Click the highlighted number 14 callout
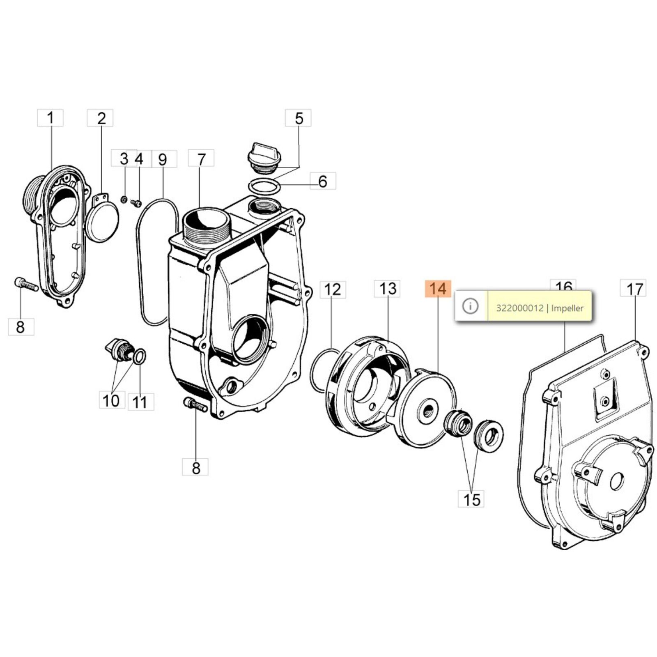(x=438, y=289)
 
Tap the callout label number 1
(x=51, y=118)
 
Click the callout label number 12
(x=333, y=290)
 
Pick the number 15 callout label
(x=471, y=499)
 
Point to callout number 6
(x=323, y=181)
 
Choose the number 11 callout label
(x=140, y=402)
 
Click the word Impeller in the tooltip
(x=567, y=308)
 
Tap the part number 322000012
(x=519, y=308)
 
